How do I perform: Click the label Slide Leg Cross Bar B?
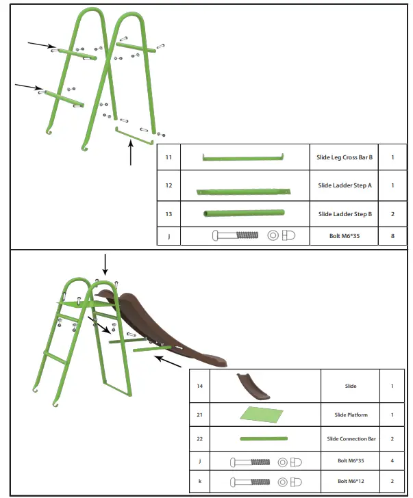(x=345, y=157)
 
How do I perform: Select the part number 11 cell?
(x=168, y=157)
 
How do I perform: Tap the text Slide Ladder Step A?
(x=345, y=185)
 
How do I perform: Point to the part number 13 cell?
(x=168, y=214)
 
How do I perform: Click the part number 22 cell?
(x=199, y=438)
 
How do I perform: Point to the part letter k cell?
(x=199, y=481)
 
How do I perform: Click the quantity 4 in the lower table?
(x=392, y=460)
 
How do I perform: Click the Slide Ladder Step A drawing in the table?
(x=243, y=192)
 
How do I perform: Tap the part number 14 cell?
(x=199, y=386)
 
